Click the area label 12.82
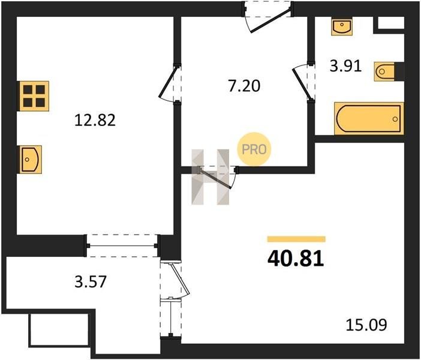(x=95, y=120)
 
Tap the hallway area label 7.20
(x=244, y=86)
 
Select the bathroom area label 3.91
(x=346, y=66)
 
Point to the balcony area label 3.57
(x=91, y=281)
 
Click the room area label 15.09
(x=366, y=325)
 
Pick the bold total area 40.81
(x=296, y=259)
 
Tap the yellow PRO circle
(x=254, y=149)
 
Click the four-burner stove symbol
(x=34, y=96)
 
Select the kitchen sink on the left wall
(x=30, y=160)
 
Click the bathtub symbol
(x=369, y=118)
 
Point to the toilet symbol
(x=385, y=72)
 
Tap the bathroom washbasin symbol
(x=342, y=27)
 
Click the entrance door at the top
(x=269, y=18)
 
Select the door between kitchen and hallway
(x=170, y=83)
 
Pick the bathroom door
(x=303, y=82)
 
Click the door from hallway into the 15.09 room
(x=216, y=178)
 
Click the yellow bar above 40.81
(x=296, y=239)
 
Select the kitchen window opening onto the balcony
(x=122, y=245)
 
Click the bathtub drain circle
(x=395, y=119)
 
